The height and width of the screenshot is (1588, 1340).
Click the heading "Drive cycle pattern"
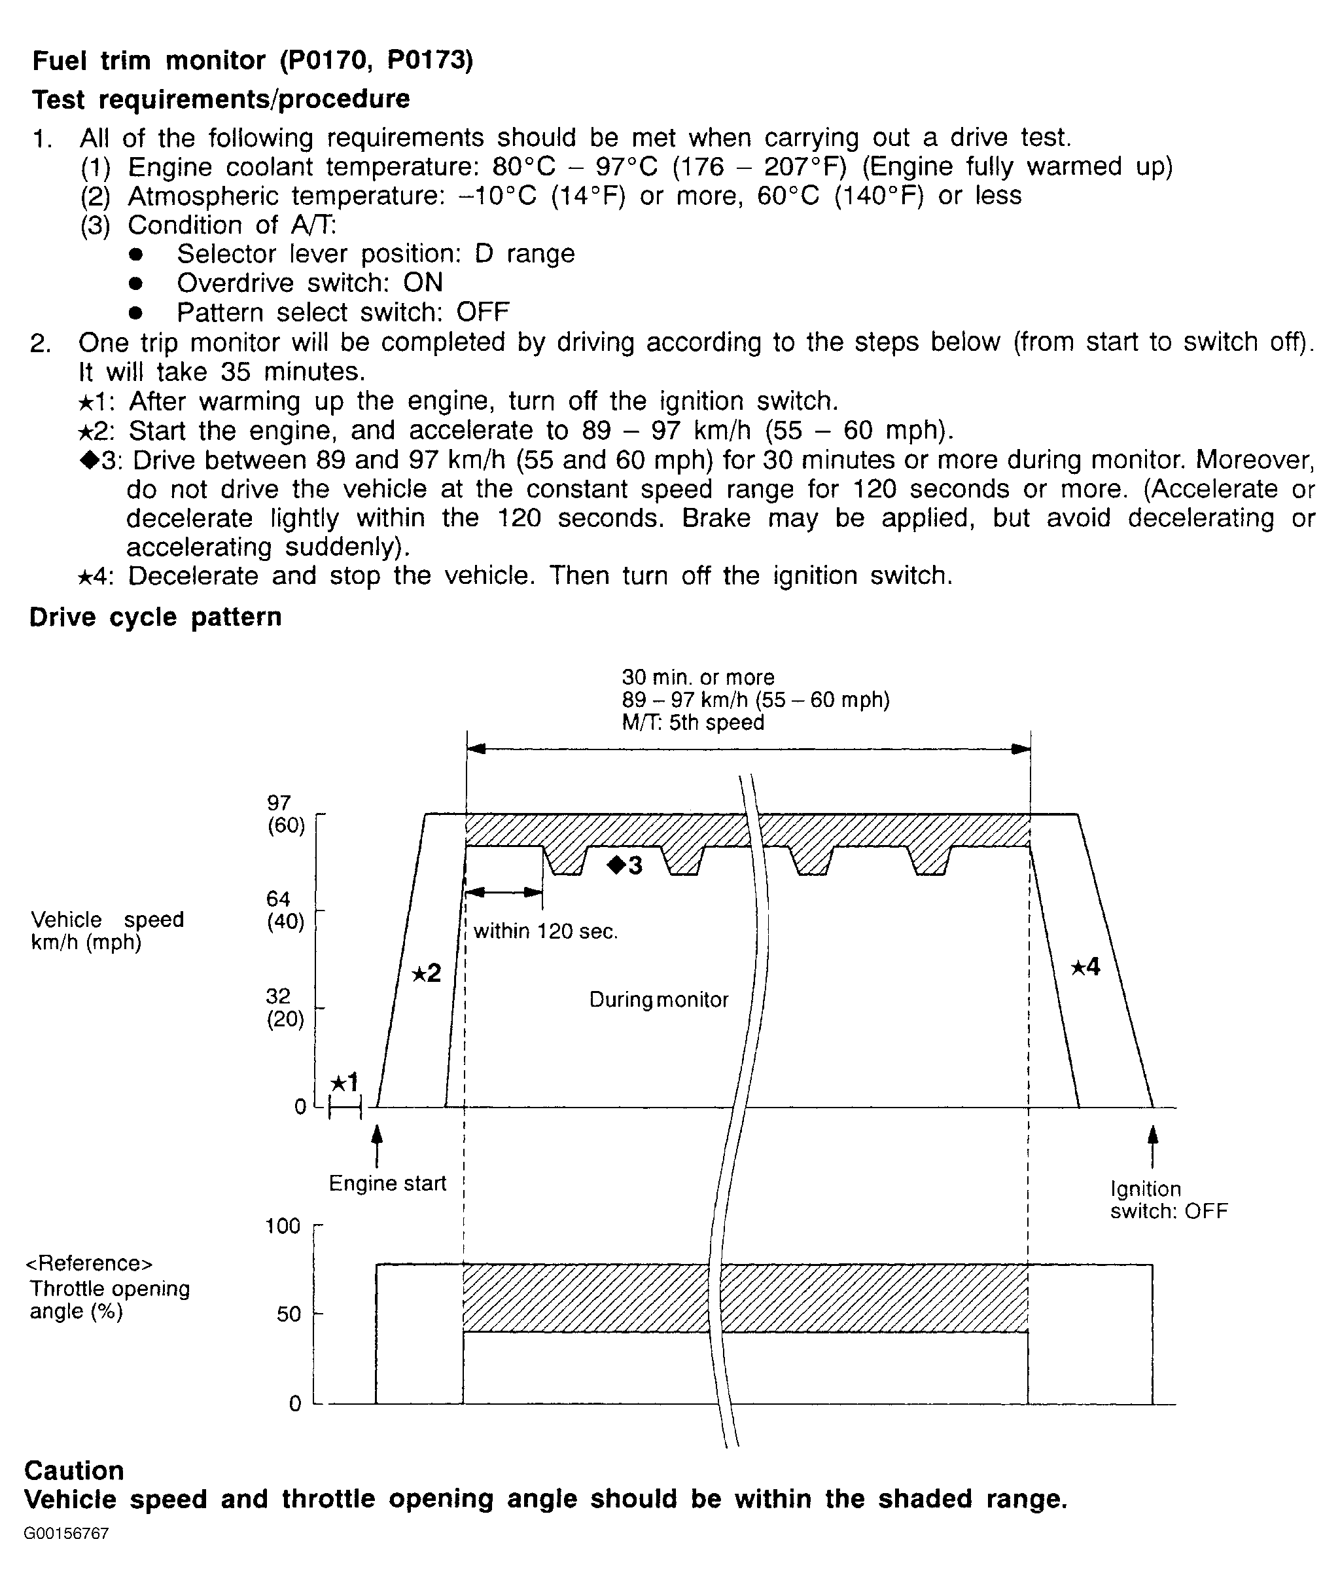click(155, 617)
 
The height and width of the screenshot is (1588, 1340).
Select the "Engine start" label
click(387, 1183)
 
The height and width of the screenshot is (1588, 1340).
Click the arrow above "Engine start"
click(377, 1145)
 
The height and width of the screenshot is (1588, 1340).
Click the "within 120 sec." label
click(546, 931)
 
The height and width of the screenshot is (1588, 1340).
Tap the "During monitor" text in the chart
click(659, 1000)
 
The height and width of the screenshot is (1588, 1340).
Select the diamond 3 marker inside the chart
click(626, 865)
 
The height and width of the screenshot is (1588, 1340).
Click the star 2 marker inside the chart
click(426, 973)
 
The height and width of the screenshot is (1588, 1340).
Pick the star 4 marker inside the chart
click(1085, 967)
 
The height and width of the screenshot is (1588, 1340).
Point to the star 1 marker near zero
click(344, 1082)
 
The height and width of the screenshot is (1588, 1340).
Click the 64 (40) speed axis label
click(285, 911)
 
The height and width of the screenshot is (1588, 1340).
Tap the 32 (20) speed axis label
click(285, 1007)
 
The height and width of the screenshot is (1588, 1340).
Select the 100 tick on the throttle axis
click(283, 1226)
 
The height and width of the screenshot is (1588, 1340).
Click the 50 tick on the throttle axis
click(289, 1314)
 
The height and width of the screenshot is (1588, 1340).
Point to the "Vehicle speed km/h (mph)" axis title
click(107, 931)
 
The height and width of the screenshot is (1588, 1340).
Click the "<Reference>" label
click(90, 1263)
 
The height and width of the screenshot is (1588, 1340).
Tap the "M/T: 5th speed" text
click(693, 723)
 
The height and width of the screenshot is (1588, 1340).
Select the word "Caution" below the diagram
click(75, 1470)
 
